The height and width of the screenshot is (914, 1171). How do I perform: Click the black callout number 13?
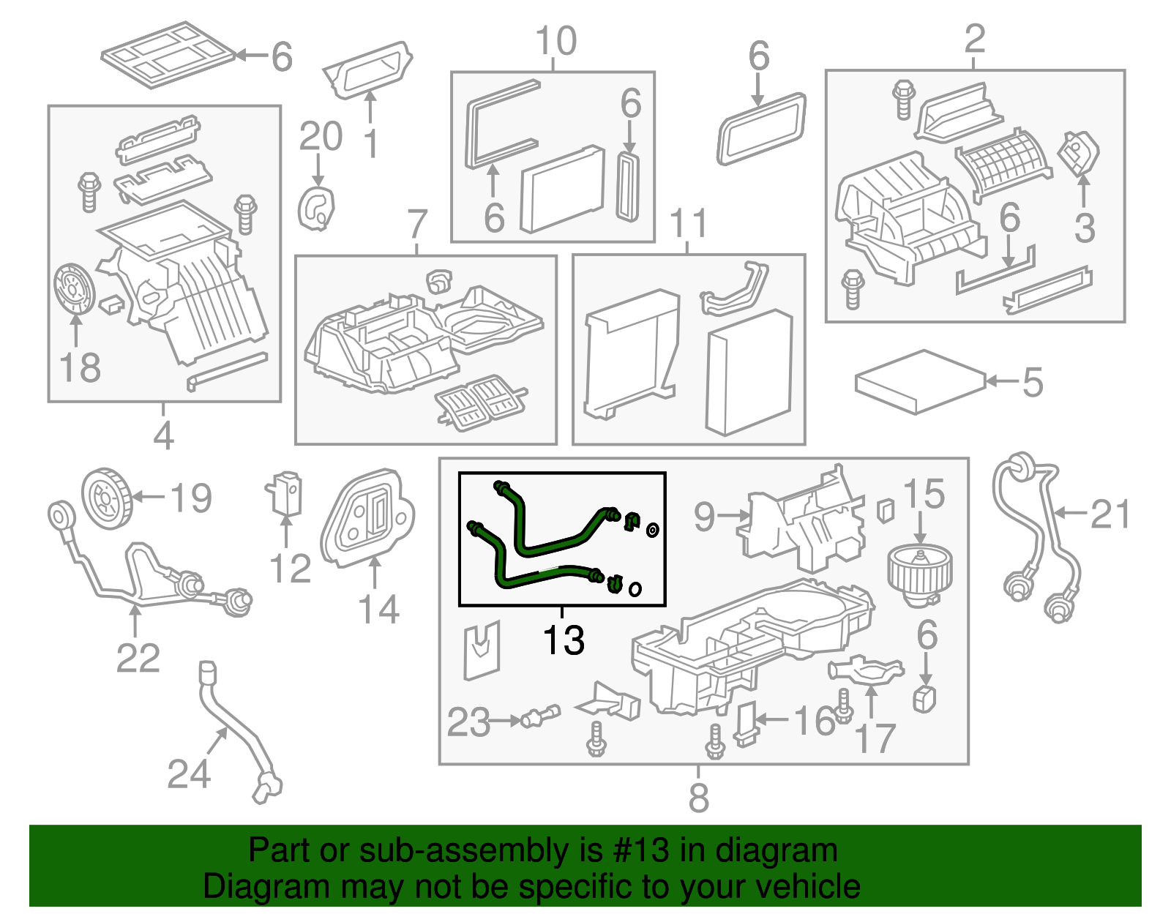[564, 640]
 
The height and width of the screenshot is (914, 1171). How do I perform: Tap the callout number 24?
[189, 773]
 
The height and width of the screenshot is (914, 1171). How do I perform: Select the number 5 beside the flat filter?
[1032, 382]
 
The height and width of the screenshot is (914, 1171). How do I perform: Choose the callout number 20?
[321, 137]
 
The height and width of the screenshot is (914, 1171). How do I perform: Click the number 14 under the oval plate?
[378, 610]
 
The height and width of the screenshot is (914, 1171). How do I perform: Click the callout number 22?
[138, 658]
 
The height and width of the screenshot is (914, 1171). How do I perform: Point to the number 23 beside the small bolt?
[468, 722]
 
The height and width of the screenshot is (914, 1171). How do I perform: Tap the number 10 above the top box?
[555, 41]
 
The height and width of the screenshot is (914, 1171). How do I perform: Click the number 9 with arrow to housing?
[703, 517]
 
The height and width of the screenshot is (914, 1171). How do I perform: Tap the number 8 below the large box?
[698, 798]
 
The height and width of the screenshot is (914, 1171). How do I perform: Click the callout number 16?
[814, 721]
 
